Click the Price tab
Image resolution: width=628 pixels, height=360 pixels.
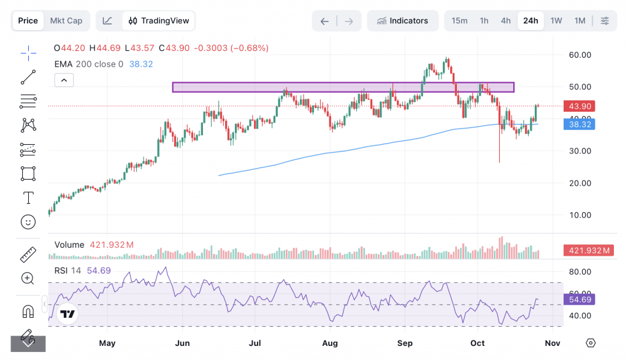click(28, 21)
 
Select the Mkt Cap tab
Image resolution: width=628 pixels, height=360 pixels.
click(66, 21)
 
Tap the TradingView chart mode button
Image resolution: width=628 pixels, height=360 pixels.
click(159, 21)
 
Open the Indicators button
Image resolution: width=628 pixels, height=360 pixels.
click(403, 21)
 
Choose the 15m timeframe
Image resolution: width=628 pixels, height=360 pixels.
click(459, 21)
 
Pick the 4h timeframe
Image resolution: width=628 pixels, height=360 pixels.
click(506, 21)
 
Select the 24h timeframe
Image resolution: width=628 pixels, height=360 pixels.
click(530, 21)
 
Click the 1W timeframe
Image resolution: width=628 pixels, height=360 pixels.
click(556, 21)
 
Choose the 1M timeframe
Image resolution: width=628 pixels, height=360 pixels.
click(580, 21)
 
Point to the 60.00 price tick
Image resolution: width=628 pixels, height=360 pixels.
click(580, 55)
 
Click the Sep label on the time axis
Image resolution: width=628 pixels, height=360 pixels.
click(405, 343)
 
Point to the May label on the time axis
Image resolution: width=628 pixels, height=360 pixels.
click(107, 343)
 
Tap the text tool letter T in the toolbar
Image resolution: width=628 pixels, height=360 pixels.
click(28, 197)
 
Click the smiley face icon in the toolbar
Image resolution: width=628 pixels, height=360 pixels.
click(28, 221)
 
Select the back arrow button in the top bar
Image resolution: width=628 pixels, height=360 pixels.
click(324, 21)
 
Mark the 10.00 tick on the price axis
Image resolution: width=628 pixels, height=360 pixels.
click(580, 215)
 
